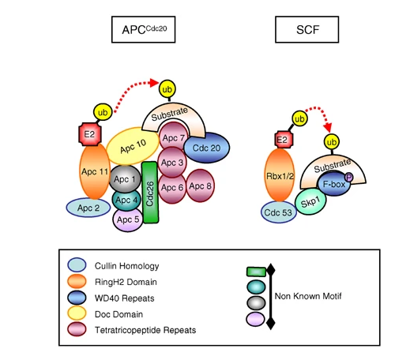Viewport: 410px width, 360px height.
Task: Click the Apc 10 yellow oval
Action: click(x=133, y=146)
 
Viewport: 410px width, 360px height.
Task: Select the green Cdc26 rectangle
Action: click(x=150, y=193)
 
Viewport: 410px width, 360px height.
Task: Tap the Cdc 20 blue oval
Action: click(x=206, y=148)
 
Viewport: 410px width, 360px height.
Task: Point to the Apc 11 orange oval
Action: click(x=95, y=171)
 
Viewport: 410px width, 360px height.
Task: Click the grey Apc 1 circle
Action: click(x=125, y=179)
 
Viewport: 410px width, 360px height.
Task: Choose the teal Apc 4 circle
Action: click(x=126, y=201)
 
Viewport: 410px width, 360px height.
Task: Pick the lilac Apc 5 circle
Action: click(x=128, y=219)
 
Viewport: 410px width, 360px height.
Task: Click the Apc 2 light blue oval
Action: click(x=88, y=208)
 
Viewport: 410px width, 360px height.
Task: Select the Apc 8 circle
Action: click(x=201, y=186)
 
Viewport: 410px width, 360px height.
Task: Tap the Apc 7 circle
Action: click(x=173, y=137)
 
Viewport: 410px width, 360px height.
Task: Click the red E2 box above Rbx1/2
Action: click(x=282, y=140)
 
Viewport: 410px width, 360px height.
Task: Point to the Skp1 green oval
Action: click(x=310, y=201)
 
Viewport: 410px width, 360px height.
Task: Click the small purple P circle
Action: click(x=349, y=178)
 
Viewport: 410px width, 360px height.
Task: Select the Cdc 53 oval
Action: click(x=278, y=212)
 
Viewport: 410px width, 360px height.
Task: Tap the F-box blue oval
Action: click(x=334, y=183)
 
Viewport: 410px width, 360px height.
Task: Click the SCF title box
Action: click(x=307, y=29)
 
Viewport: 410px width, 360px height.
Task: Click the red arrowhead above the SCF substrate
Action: click(x=328, y=127)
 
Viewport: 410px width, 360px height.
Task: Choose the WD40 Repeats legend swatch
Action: click(x=77, y=298)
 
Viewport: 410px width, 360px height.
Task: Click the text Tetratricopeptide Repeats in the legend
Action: click(x=145, y=330)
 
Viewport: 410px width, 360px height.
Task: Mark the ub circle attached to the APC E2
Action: click(x=103, y=112)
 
